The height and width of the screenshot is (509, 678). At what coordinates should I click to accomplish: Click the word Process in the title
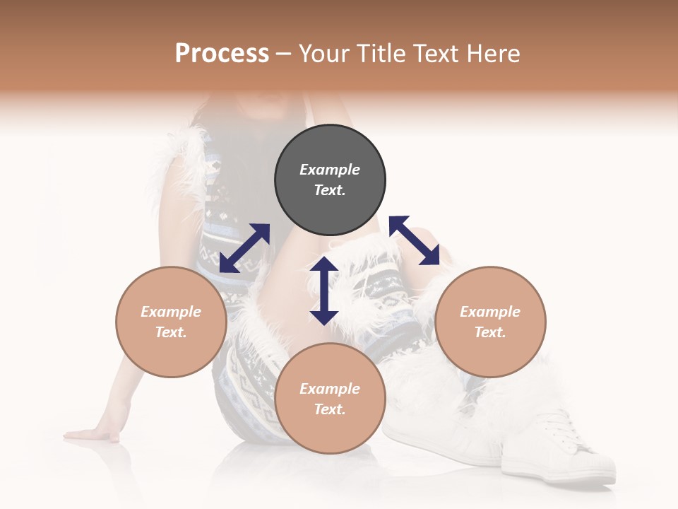point(222,54)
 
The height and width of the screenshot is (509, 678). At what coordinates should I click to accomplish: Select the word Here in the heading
point(492,54)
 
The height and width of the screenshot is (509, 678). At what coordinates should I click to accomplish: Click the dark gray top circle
point(330,180)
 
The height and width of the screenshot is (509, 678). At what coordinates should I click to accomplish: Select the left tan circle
point(171,322)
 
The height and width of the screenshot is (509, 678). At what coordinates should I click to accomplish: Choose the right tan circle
point(490,322)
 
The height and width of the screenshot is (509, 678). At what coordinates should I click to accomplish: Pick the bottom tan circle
point(330,398)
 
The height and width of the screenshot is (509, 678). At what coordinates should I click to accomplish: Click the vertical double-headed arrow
point(324,291)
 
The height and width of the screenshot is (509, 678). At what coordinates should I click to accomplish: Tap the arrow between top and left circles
point(244,248)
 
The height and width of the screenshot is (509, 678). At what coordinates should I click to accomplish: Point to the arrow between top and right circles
point(415,240)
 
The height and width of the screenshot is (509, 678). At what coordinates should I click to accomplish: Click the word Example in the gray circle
point(330,170)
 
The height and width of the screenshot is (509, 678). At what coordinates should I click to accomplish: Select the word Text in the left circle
point(171,332)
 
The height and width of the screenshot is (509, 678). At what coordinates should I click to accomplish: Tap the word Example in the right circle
point(490,312)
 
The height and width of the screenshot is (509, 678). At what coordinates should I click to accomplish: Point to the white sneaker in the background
point(558,452)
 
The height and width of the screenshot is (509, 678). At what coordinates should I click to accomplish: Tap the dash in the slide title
point(284,54)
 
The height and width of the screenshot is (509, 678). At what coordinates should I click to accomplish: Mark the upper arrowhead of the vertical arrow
point(324,265)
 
